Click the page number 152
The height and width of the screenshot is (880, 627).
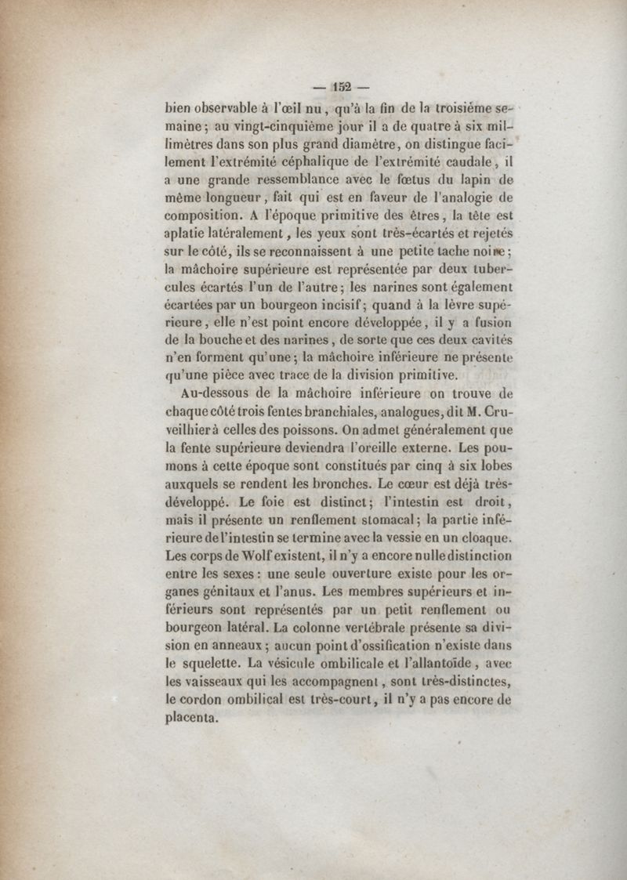coord(342,87)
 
